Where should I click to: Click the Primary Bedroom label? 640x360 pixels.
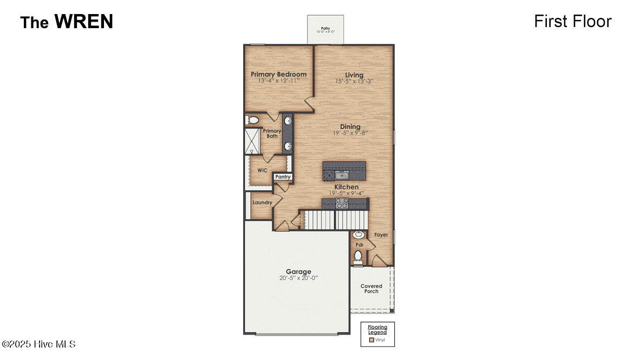pos(278,74)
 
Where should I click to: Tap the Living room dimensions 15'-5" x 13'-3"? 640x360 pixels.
pos(354,81)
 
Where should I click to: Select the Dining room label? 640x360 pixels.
pos(350,127)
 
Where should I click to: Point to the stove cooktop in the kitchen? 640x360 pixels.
pos(342,203)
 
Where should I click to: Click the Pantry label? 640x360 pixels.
pos(283,177)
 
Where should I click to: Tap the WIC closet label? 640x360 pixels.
pos(262,170)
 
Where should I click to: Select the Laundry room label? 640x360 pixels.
pos(262,202)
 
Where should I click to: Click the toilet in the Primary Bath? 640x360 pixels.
pos(253,120)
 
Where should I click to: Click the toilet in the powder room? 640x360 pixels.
pos(358,256)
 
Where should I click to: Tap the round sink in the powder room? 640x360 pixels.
pos(358,235)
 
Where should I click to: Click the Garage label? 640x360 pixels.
pos(298,272)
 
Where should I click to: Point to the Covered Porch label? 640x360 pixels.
pos(371,289)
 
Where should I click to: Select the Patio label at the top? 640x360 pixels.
pos(325,28)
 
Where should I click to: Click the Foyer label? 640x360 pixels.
pos(381,235)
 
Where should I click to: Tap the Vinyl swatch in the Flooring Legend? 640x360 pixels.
pos(371,340)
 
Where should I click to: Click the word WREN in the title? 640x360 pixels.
pos(83,22)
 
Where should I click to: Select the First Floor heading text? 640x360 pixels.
pos(572,21)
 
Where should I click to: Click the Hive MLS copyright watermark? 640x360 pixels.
pos(38,344)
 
